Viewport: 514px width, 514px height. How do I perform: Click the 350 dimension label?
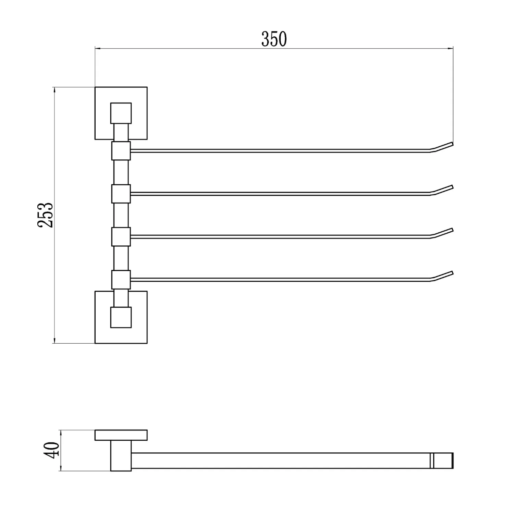(274, 39)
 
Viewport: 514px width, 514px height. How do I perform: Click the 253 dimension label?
(46, 215)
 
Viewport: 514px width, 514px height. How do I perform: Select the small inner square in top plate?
(121, 113)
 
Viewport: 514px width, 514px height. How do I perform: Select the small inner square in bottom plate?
(121, 317)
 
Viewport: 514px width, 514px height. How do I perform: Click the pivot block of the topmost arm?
(121, 151)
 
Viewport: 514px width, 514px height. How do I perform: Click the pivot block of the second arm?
(121, 194)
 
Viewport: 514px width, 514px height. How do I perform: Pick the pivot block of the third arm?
(121, 237)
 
